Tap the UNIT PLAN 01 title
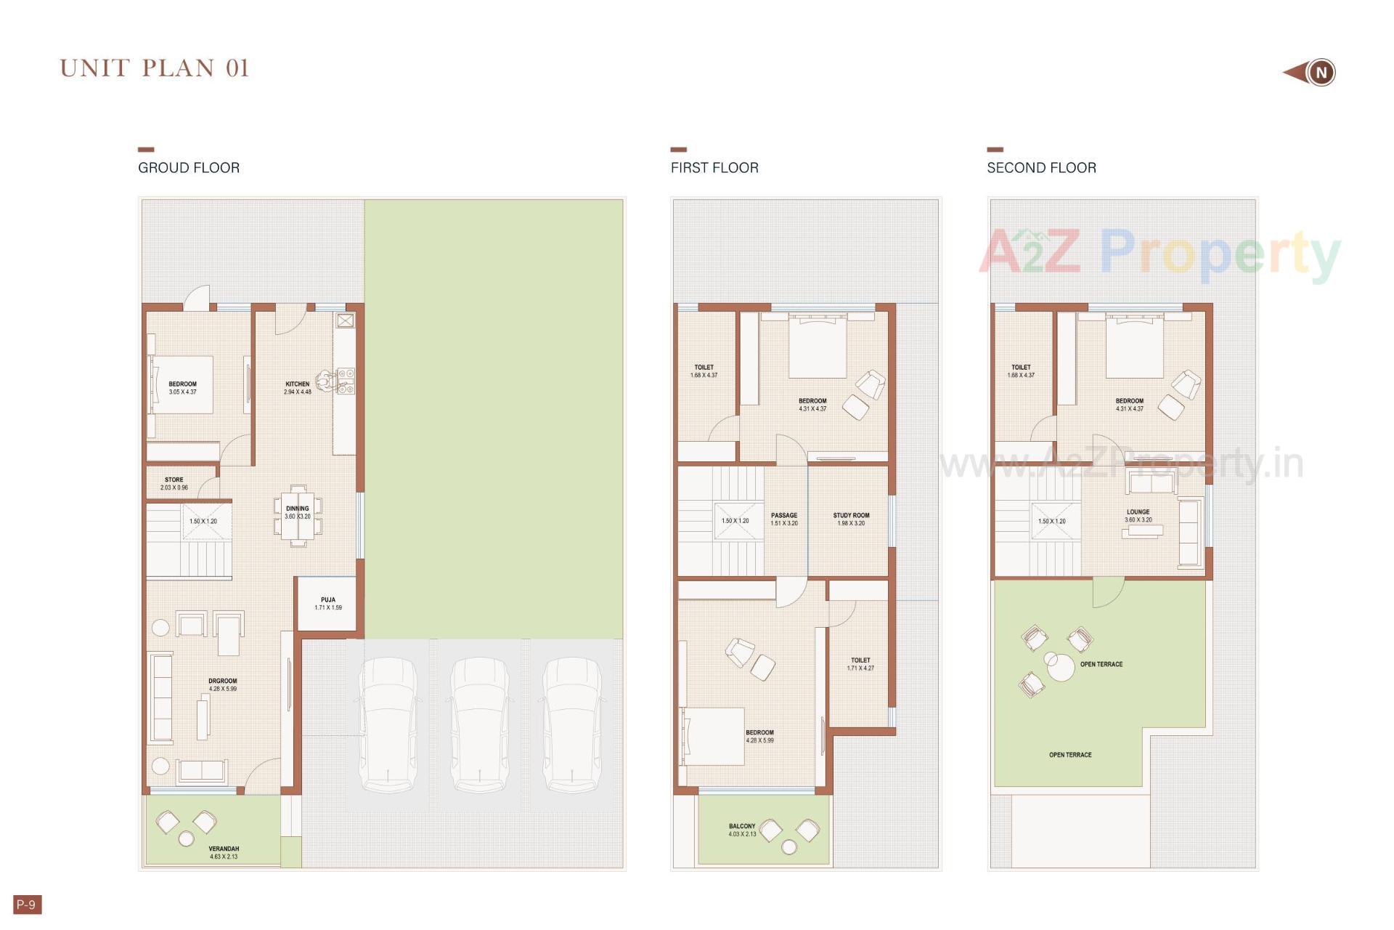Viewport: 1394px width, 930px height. point(155,68)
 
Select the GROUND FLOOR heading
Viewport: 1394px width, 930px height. point(189,168)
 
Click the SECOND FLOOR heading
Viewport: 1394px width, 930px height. point(1041,168)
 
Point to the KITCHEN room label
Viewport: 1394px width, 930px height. point(297,384)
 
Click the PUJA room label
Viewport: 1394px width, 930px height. point(328,600)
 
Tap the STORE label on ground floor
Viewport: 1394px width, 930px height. point(174,480)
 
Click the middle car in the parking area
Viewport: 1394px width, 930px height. point(479,724)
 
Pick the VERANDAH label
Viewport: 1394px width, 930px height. point(224,849)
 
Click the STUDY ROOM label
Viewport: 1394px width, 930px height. point(851,516)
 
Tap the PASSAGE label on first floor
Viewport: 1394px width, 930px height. point(784,516)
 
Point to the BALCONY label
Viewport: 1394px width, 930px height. point(742,827)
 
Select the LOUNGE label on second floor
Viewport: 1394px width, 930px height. point(1138,512)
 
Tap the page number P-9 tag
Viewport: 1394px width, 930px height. point(27,905)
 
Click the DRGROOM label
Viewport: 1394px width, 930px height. point(222,682)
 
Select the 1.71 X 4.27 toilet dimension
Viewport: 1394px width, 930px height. point(860,668)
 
